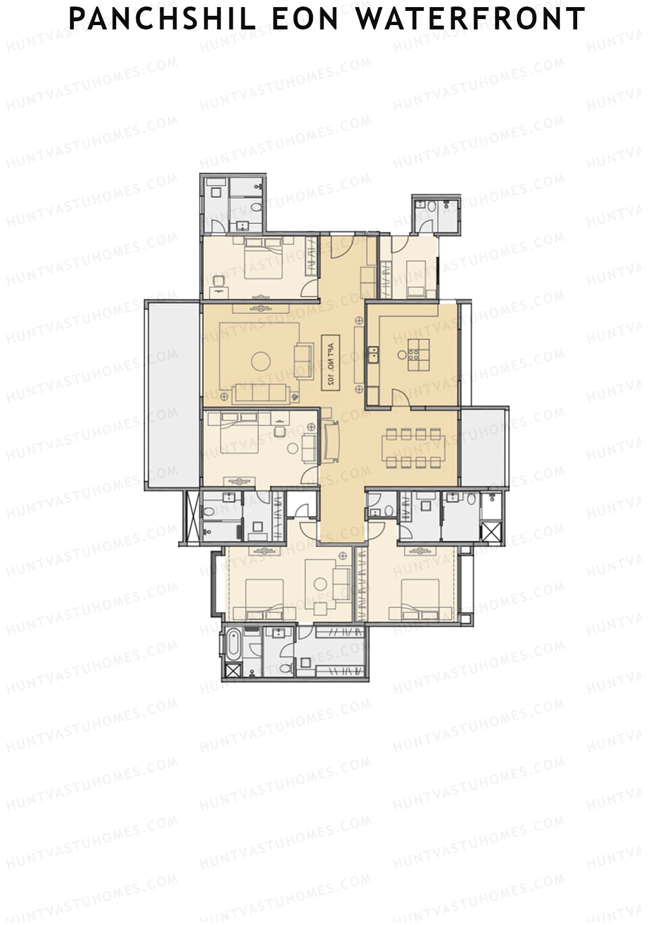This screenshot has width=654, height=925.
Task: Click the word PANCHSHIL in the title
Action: pyautogui.click(x=162, y=19)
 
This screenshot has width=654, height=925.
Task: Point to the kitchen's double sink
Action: pyautogui.click(x=373, y=354)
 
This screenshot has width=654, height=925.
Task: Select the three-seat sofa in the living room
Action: pyautogui.click(x=262, y=394)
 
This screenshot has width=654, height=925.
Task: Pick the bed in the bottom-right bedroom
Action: pyautogui.click(x=420, y=598)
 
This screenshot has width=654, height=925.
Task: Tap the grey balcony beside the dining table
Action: pyautogui.click(x=483, y=447)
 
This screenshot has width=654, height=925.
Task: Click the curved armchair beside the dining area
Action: pyautogui.click(x=331, y=442)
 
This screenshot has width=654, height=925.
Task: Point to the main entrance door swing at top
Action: pyautogui.click(x=344, y=246)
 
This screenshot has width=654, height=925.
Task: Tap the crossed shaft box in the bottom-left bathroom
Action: pyautogui.click(x=232, y=672)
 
